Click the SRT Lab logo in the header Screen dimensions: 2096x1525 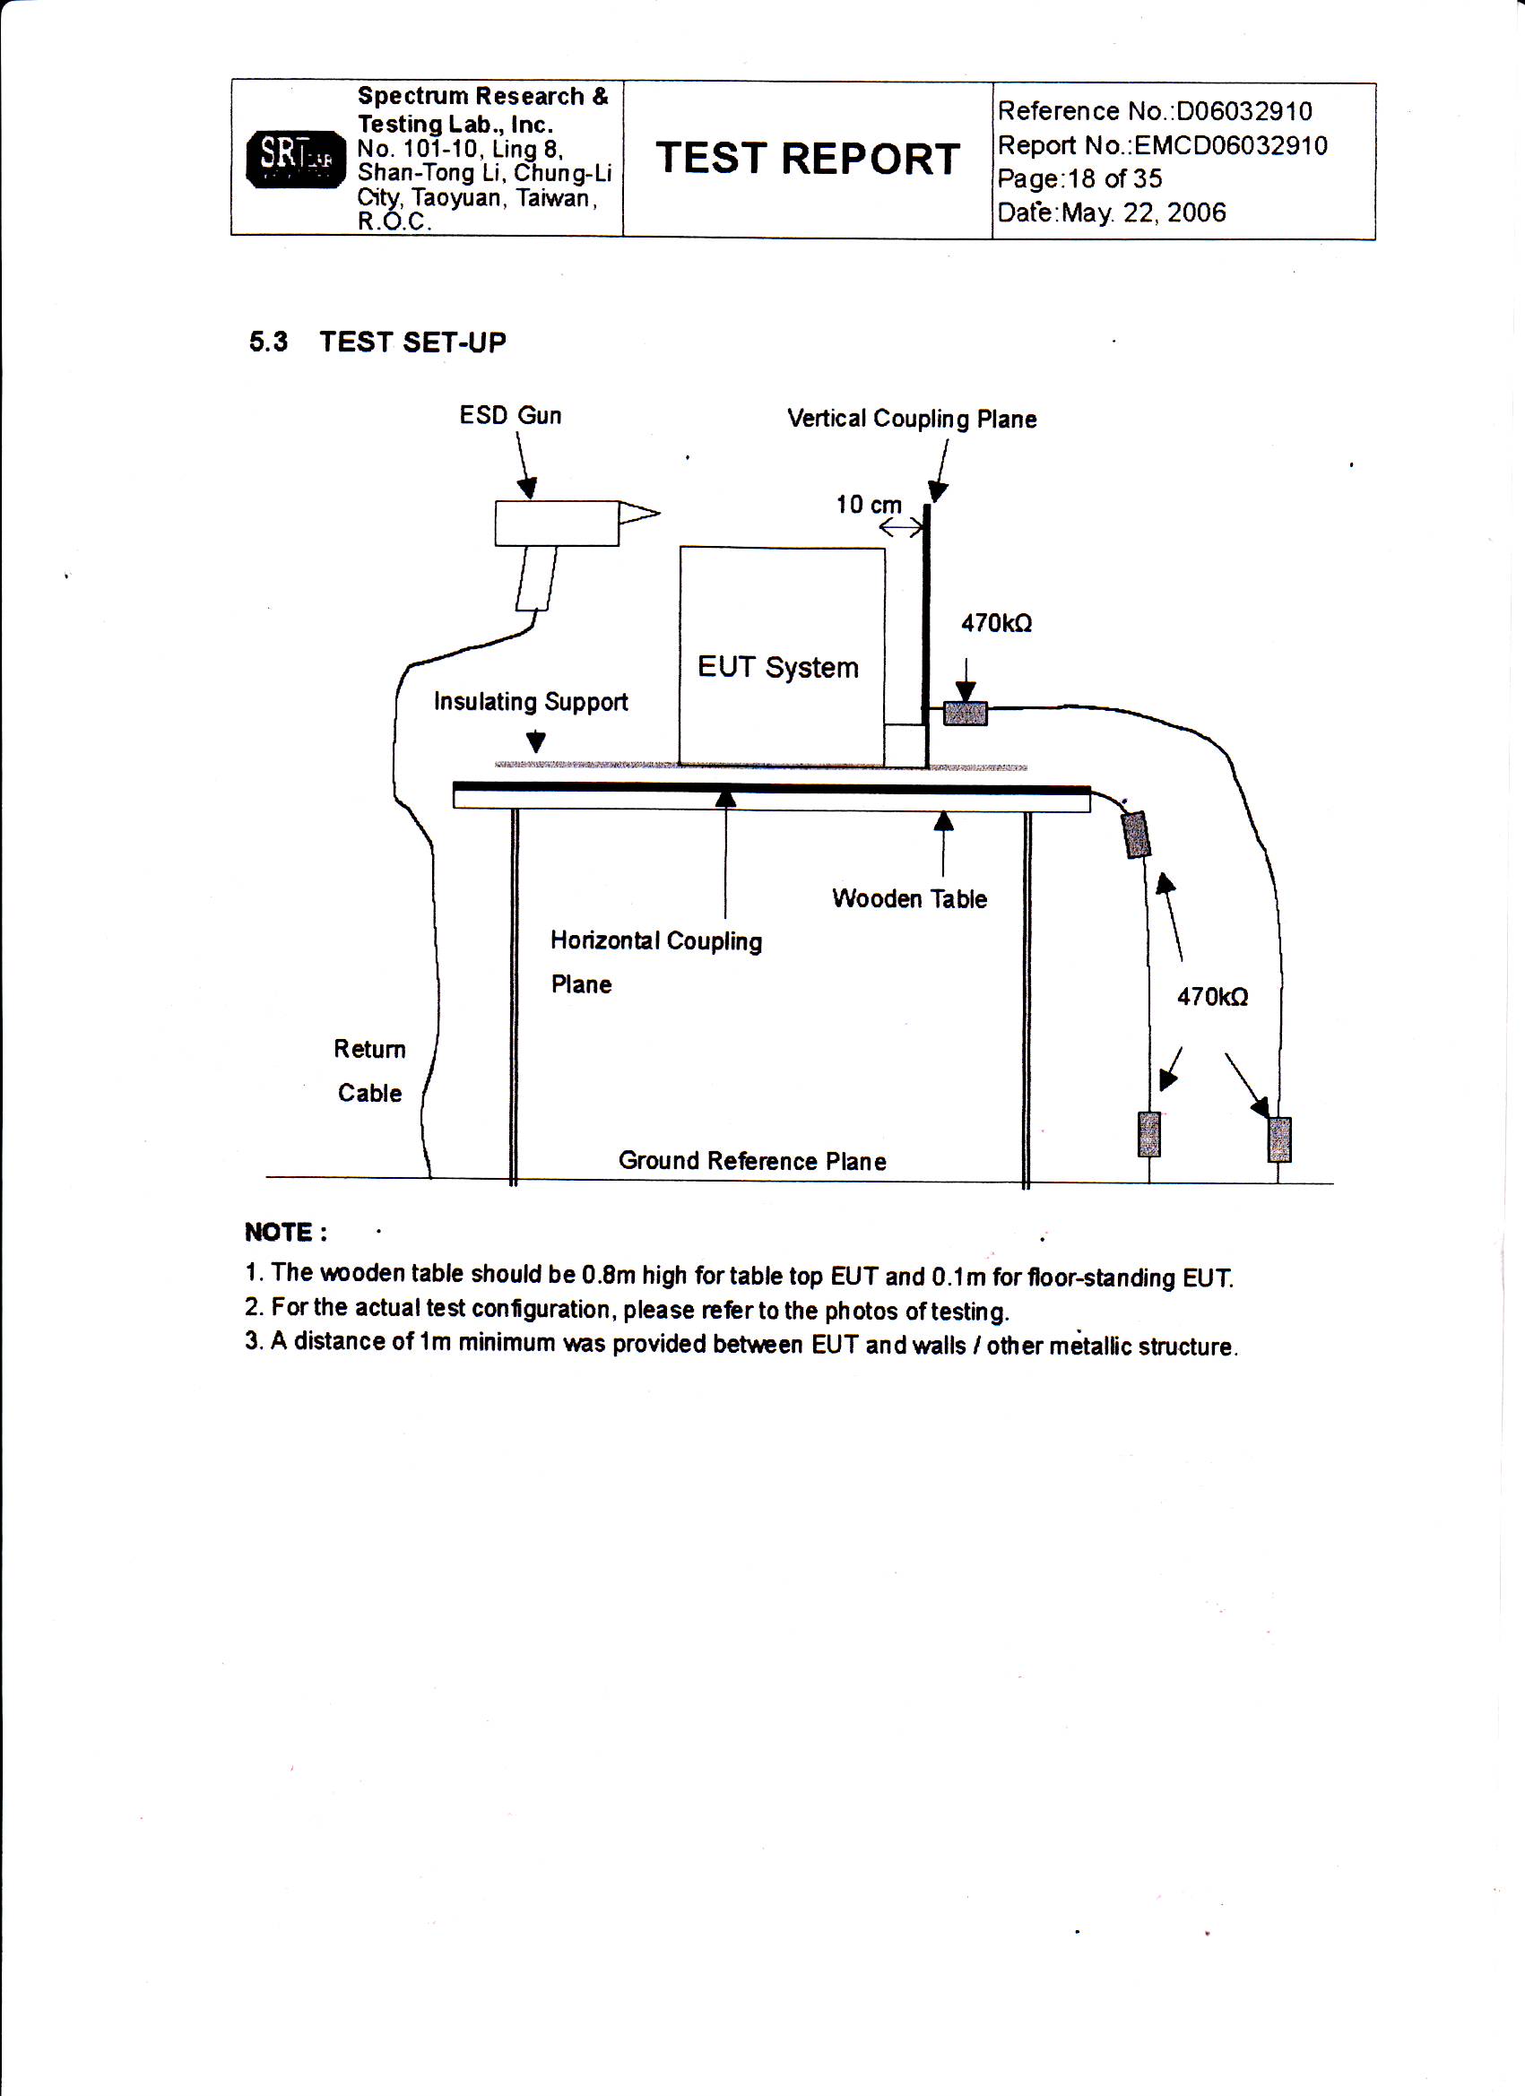click(x=295, y=159)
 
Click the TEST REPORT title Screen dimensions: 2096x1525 click(x=808, y=159)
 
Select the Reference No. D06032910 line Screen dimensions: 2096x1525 click(x=1155, y=112)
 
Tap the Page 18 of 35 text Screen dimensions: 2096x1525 click(x=1079, y=179)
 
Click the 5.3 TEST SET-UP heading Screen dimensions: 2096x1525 click(x=377, y=342)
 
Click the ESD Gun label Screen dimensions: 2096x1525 click(x=510, y=416)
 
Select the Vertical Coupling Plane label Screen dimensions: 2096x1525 click(x=911, y=420)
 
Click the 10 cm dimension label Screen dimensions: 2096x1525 click(x=868, y=506)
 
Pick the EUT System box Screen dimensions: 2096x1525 click(x=782, y=656)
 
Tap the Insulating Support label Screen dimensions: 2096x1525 click(x=531, y=702)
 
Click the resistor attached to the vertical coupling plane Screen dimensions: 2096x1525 click(x=965, y=714)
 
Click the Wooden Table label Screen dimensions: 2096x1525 click(x=909, y=899)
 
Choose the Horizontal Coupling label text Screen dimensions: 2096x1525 click(x=656, y=941)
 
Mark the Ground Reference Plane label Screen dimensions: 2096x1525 click(x=751, y=1162)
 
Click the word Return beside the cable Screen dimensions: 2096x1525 click(x=369, y=1050)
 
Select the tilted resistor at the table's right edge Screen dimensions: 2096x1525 click(x=1135, y=835)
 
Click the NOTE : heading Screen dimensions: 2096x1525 click(x=286, y=1233)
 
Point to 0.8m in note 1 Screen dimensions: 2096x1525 click(x=608, y=1276)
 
